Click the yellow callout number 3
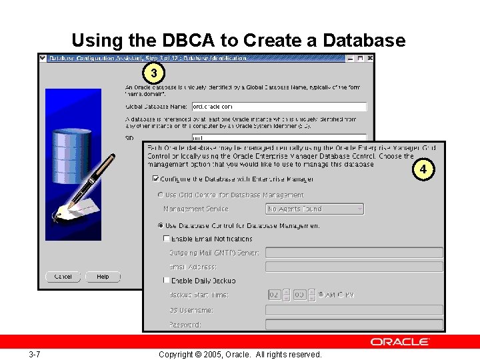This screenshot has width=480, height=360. coord(154,72)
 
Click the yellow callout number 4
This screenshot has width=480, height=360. coord(423,169)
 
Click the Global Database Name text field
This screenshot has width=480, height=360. coord(279,107)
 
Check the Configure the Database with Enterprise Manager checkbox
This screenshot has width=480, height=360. coord(156,179)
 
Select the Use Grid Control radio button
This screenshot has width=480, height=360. coord(160,195)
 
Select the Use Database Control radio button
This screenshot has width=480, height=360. coord(160,225)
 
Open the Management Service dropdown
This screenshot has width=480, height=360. coord(315,209)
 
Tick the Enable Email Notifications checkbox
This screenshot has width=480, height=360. coord(167,239)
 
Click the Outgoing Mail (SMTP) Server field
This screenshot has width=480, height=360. coord(354,253)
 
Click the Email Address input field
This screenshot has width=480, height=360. coord(354,267)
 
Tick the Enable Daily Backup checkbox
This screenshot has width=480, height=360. coord(167,281)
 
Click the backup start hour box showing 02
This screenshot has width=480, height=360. coord(275,295)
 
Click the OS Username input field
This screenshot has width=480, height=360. coord(354,310)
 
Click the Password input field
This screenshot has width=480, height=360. coord(354,325)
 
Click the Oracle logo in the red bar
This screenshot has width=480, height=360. coord(400,341)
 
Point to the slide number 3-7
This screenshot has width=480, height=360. coord(35,354)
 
